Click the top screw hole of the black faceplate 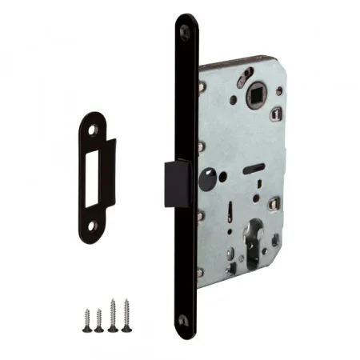tap(186, 28)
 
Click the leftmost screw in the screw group tap(82, 319)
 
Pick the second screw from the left tap(97, 319)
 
